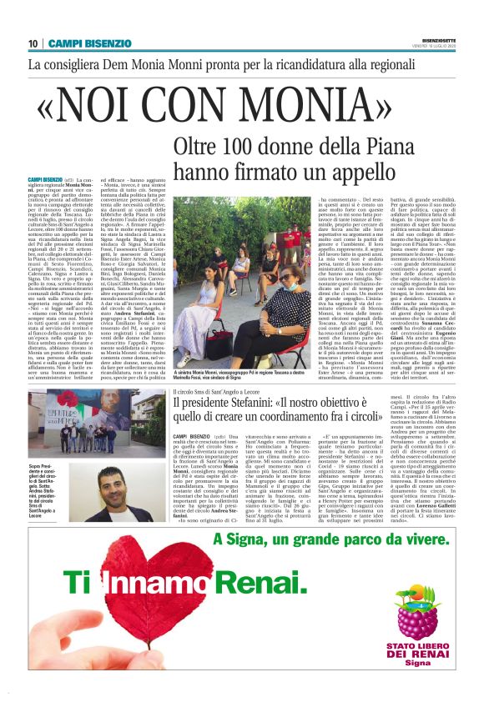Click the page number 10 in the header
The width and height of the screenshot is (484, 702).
[x=33, y=43]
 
